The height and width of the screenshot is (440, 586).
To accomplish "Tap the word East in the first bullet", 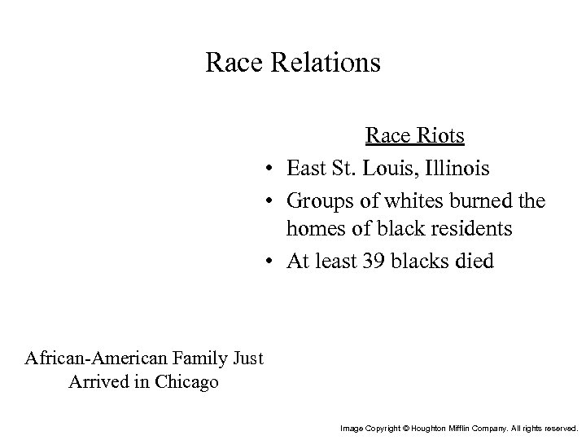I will [x=307, y=169].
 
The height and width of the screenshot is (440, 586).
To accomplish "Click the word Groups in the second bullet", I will [x=319, y=200].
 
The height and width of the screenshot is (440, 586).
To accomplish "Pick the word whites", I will [x=397, y=200].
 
